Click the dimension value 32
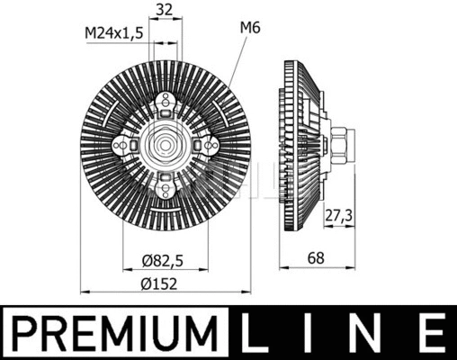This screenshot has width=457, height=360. tap(163, 11)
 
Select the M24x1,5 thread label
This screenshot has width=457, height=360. tap(112, 33)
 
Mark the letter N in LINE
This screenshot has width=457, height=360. tap(369, 334)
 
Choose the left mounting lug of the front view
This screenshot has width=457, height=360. tap(121, 144)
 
